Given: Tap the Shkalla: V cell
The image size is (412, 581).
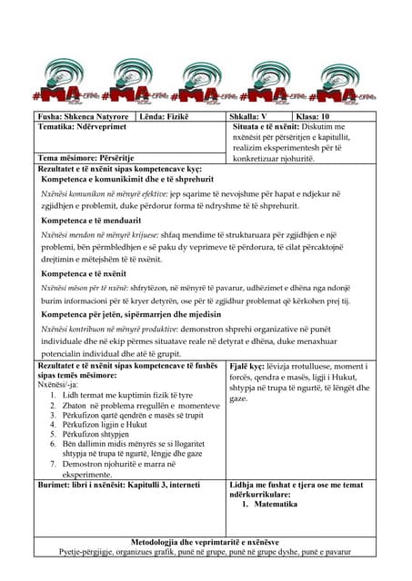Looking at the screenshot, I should coord(250,117).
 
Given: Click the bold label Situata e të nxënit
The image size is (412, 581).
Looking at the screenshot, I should coord(273,128).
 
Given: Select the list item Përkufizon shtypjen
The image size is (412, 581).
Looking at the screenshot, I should coord(101,434).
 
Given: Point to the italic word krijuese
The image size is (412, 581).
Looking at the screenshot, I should coord(147,233).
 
